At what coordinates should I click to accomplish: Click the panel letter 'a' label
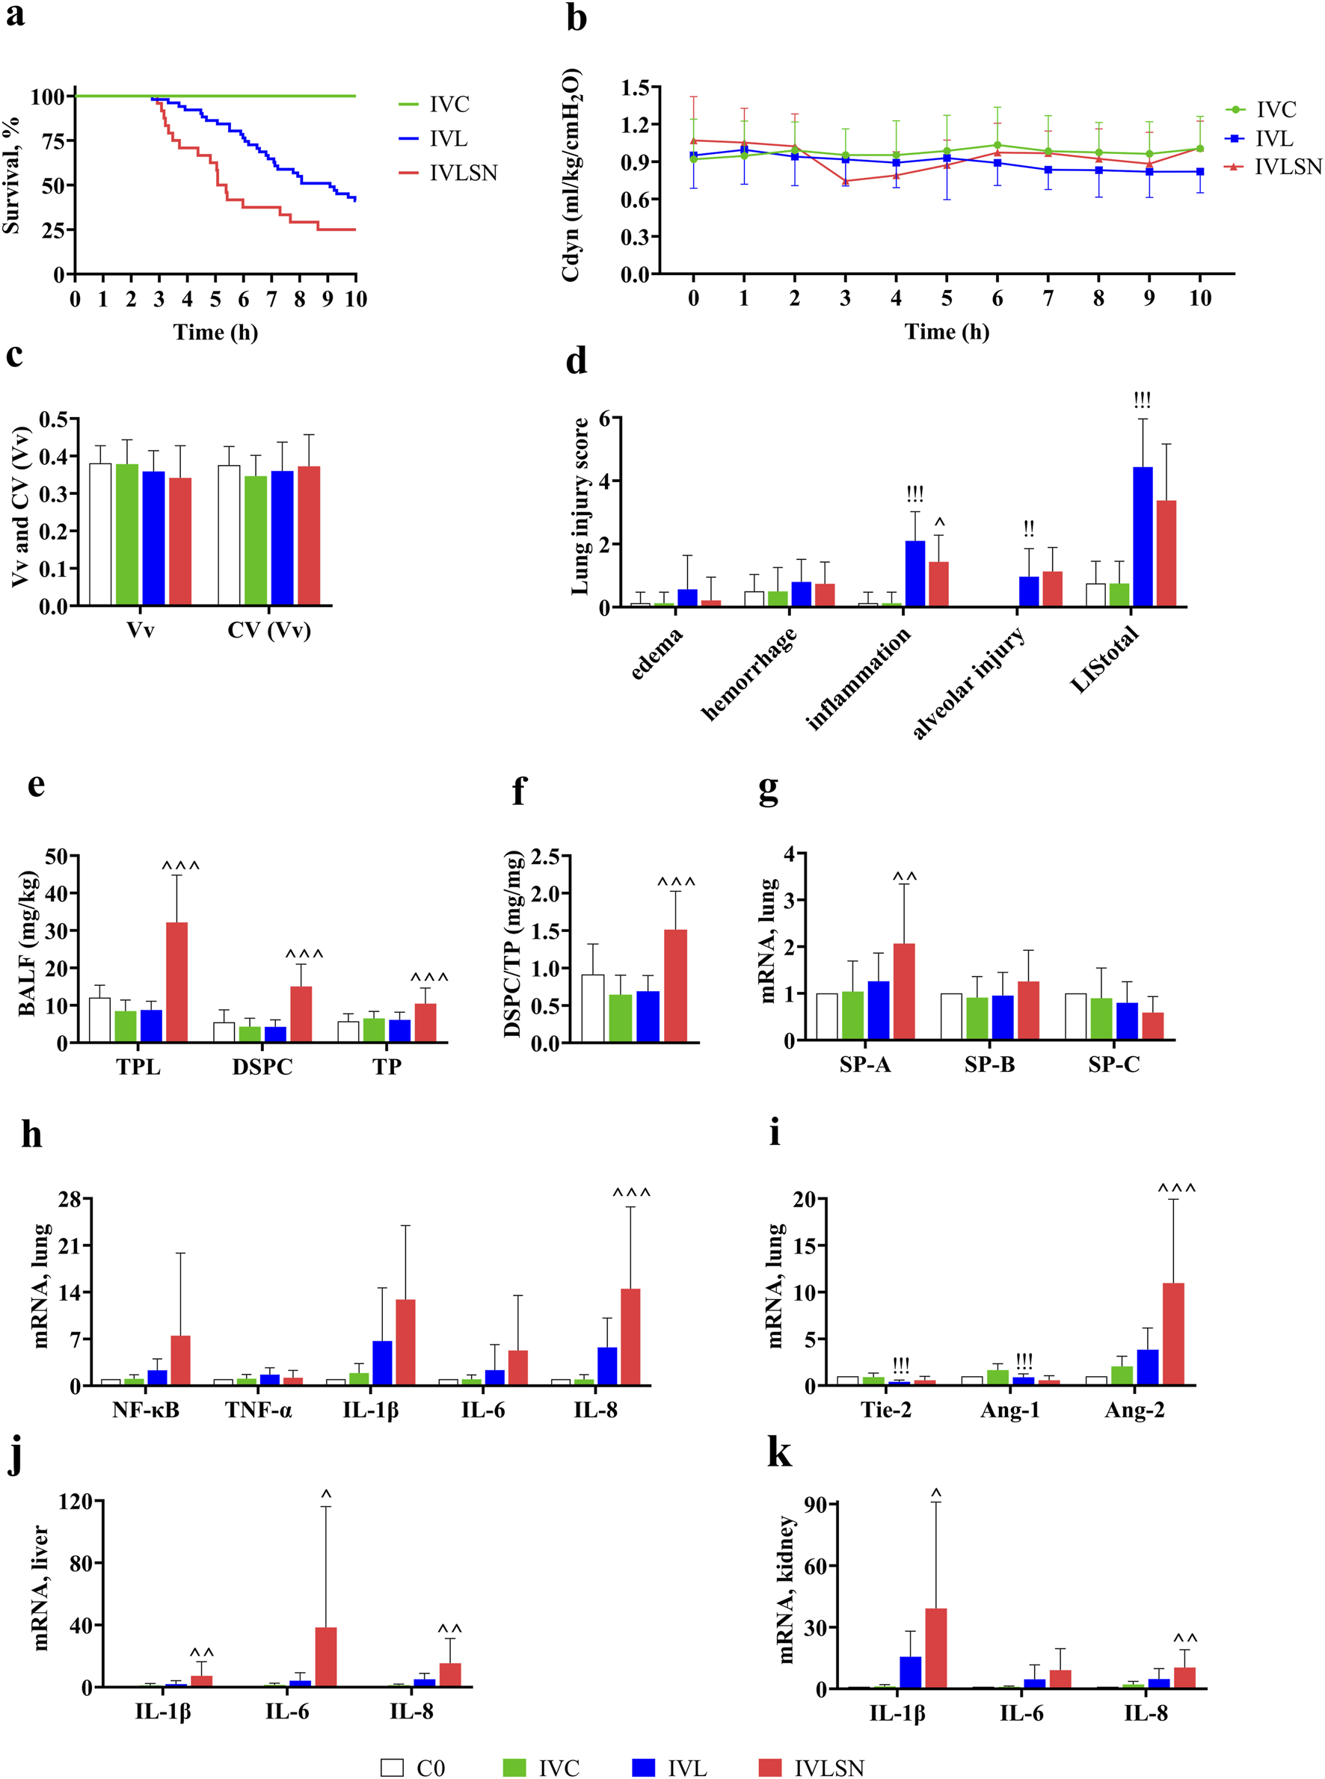14,14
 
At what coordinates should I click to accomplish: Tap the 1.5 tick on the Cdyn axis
636,87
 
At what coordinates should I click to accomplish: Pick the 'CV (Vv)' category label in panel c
268,630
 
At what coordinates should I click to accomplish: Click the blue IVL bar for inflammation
914,573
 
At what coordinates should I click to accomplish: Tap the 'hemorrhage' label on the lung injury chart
749,673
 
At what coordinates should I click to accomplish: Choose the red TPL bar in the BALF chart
176,982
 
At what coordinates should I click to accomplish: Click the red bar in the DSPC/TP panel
675,986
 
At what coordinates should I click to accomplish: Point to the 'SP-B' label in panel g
989,1064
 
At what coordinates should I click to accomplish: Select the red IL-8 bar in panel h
630,1336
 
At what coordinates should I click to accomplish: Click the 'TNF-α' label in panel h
258,1410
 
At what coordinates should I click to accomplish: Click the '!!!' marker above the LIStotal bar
1142,400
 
